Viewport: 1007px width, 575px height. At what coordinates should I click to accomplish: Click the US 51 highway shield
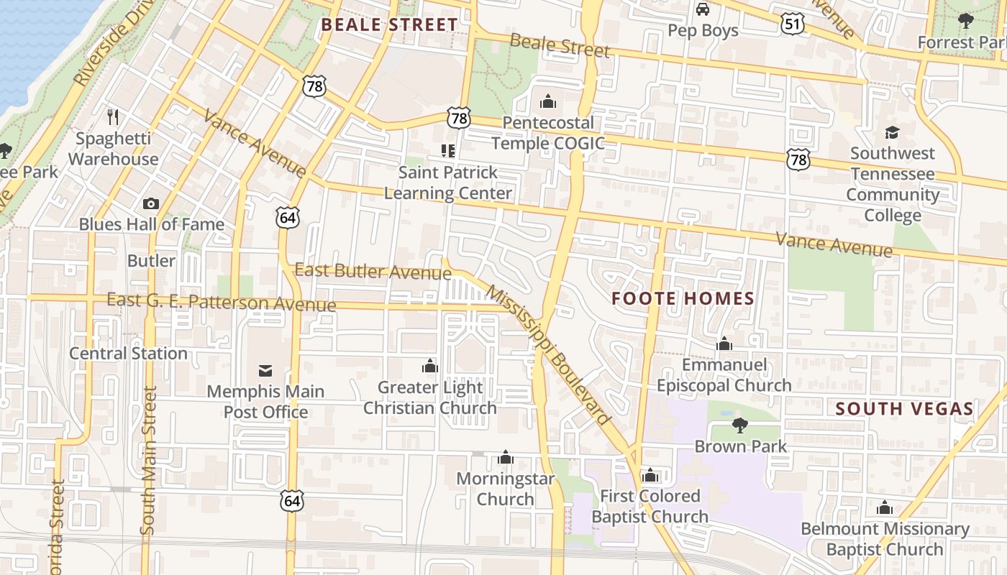tap(791, 24)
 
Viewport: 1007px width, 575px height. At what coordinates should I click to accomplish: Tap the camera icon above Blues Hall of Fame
tap(151, 203)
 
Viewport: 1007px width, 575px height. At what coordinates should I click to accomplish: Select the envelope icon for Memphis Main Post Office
tap(265, 371)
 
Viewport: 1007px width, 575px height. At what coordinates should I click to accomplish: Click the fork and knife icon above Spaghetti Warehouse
tap(112, 116)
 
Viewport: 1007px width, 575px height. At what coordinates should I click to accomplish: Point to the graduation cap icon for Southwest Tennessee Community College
tap(892, 132)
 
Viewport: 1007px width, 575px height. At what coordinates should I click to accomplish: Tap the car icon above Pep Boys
tap(703, 9)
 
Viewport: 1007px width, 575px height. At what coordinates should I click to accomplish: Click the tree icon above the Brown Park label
tap(740, 425)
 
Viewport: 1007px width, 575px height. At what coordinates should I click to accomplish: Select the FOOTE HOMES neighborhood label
tap(683, 298)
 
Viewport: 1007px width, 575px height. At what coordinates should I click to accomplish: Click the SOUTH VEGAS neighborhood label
tap(904, 409)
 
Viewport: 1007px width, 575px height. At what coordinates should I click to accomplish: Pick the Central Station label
tap(128, 353)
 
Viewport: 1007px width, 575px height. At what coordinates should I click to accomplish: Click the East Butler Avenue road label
tap(373, 271)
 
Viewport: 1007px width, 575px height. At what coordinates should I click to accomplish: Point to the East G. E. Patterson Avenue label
tap(221, 302)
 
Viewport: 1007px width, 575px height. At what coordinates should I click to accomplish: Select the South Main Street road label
tap(149, 460)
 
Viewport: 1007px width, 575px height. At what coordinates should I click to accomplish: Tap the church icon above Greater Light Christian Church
tap(430, 367)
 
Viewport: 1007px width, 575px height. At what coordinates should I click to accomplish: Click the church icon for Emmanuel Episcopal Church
tap(724, 344)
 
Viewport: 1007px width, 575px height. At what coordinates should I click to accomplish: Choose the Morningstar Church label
tap(506, 489)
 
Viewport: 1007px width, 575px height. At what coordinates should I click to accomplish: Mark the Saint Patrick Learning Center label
tap(448, 183)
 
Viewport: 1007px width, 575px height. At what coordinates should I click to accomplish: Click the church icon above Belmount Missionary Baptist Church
tap(885, 508)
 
